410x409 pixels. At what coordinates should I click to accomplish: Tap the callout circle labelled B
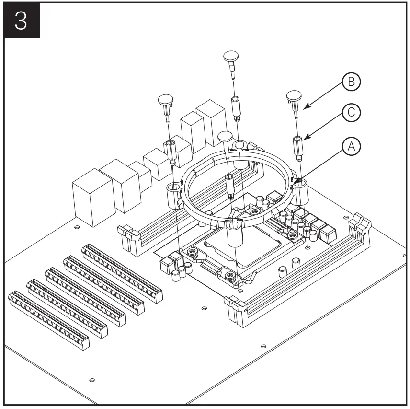[x=352, y=83]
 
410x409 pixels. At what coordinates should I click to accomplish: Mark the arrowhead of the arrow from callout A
[x=297, y=183]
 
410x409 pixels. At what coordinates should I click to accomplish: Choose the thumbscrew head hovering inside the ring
[x=225, y=137]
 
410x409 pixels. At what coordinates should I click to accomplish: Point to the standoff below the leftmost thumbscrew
[x=171, y=150]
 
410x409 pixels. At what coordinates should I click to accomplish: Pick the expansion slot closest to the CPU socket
[x=123, y=273]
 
